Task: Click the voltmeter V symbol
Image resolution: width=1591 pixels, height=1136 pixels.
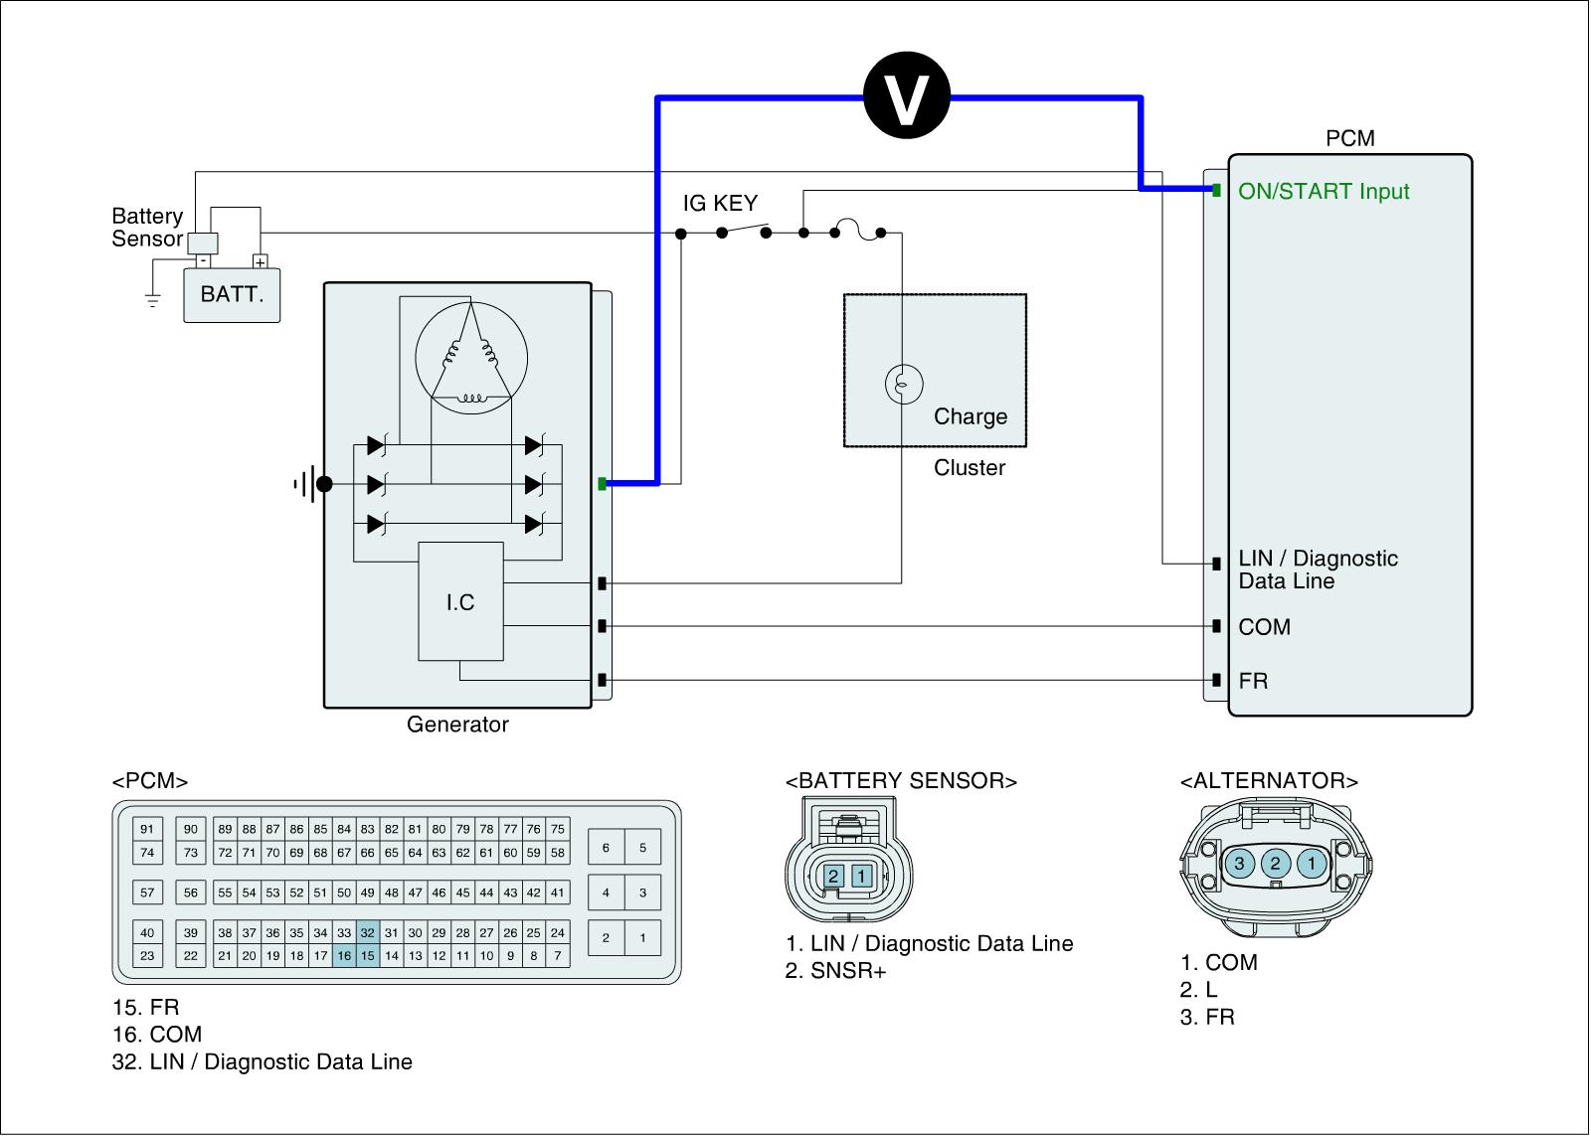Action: point(907,96)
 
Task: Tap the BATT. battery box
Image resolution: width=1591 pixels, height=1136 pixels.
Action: point(232,294)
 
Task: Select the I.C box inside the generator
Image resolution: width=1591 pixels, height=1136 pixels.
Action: point(460,601)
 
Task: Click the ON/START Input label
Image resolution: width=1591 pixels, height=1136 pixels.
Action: point(1324,192)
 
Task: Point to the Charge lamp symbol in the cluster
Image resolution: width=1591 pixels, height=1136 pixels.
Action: point(904,384)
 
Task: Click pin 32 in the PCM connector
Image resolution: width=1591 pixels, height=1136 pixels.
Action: point(368,933)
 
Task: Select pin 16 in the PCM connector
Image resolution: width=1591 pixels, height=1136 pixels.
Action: point(344,956)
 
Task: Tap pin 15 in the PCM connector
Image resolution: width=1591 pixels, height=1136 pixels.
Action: point(368,956)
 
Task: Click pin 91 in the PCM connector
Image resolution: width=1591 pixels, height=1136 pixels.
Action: point(147,829)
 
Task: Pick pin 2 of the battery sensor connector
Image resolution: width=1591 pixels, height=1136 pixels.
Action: point(834,876)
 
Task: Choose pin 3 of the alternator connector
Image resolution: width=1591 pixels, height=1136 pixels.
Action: point(1239,863)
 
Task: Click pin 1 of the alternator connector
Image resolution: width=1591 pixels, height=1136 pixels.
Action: point(1312,863)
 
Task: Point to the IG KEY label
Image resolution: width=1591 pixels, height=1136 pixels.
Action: point(720,204)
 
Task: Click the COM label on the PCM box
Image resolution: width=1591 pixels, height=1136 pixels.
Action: point(1265,627)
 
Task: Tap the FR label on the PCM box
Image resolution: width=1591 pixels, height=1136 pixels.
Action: point(1253,681)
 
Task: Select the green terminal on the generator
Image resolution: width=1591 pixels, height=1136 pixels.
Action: point(602,484)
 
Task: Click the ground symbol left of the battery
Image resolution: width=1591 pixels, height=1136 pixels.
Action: point(152,299)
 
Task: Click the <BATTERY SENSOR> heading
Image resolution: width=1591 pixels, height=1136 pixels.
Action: point(901,781)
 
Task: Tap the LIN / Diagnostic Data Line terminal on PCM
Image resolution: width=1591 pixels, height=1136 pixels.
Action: point(1216,564)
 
